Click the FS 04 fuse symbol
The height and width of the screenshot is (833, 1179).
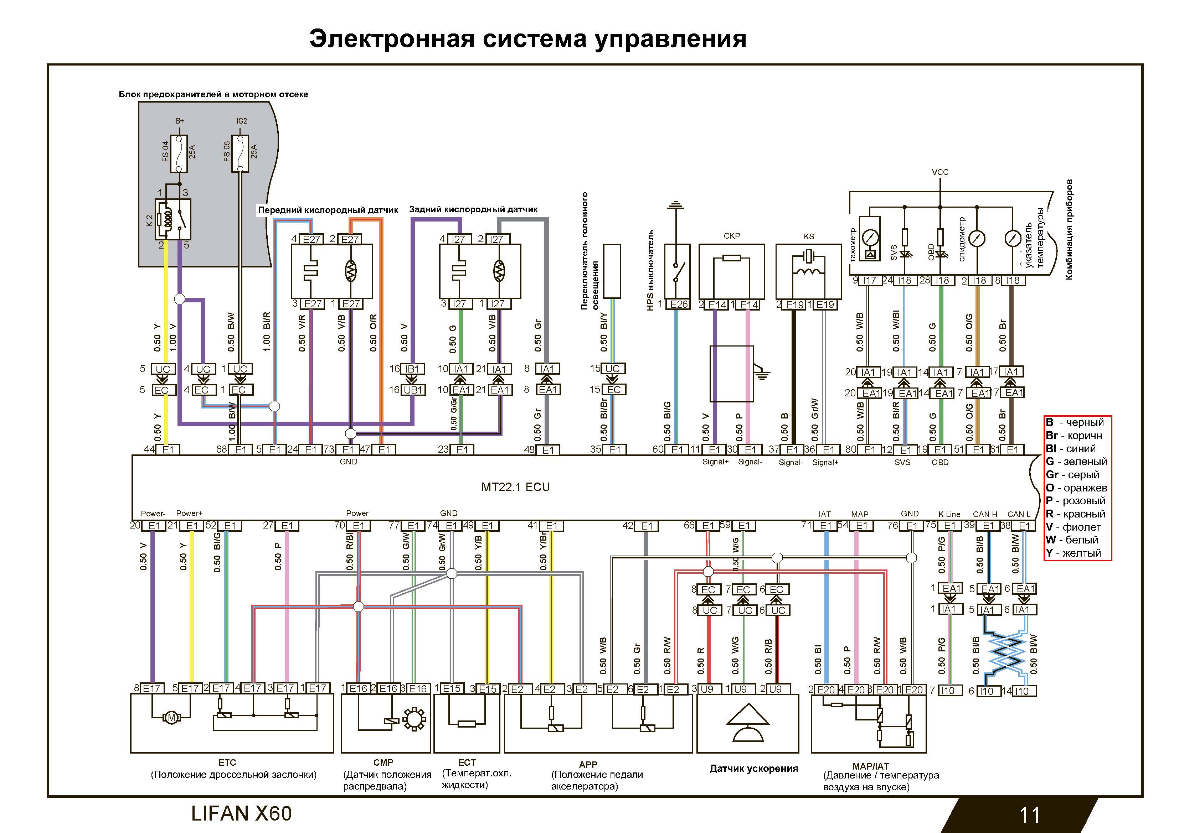pos(179,153)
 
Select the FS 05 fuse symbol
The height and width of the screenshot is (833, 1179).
pos(240,153)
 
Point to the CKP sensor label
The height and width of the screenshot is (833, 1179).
pos(731,236)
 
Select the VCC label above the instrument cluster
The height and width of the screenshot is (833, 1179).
pos(940,172)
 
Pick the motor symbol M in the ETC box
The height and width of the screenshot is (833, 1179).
pos(171,718)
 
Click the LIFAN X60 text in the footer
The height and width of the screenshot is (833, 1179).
pos(241,813)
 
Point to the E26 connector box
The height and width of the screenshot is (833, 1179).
pos(679,304)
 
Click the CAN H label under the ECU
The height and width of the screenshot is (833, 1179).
pos(984,514)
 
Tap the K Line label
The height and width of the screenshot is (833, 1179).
pos(949,514)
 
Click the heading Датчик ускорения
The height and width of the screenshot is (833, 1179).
pos(753,768)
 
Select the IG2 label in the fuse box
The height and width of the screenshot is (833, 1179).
pos(241,121)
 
